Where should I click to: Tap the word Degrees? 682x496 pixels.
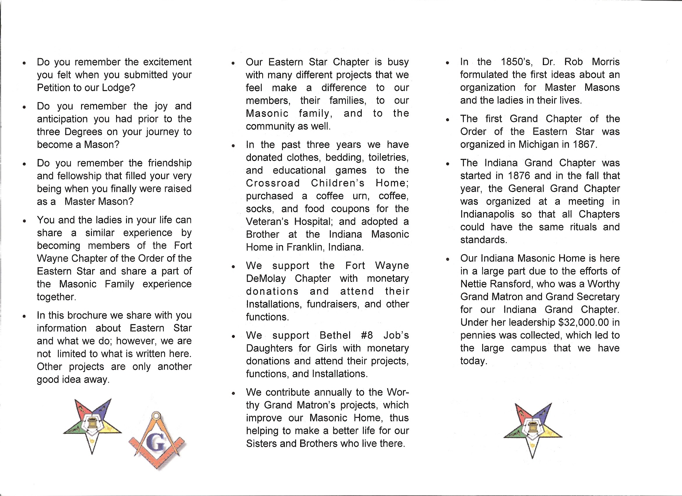click(80, 132)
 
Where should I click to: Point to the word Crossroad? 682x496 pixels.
click(272, 183)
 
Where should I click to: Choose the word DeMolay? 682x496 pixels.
click(266, 279)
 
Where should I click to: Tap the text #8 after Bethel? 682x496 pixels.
click(367, 335)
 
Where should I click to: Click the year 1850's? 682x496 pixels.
click(516, 62)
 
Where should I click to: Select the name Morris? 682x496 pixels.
click(606, 62)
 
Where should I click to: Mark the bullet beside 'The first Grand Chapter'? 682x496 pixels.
click(447, 120)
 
